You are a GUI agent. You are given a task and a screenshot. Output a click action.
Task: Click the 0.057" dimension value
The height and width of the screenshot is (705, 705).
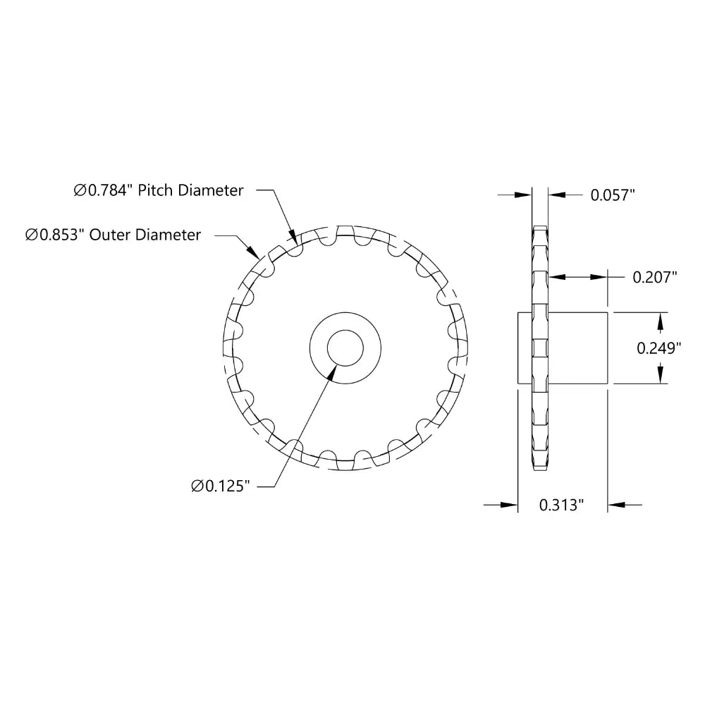click(x=613, y=195)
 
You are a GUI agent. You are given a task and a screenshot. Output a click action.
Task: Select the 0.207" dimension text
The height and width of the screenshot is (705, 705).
click(x=655, y=277)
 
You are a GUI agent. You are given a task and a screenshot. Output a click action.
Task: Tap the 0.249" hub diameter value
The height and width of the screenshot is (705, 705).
click(x=659, y=348)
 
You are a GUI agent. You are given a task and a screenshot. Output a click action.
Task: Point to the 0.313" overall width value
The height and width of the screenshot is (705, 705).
click(x=562, y=505)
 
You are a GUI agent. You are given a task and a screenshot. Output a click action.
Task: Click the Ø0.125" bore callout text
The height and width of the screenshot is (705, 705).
click(x=221, y=486)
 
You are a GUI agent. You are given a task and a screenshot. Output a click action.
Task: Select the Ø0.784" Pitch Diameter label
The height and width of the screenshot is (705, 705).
click(x=159, y=190)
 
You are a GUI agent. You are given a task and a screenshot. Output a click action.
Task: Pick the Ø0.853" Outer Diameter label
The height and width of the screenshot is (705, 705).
click(x=113, y=235)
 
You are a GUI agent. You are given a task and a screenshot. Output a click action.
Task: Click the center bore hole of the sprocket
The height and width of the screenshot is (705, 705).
click(x=345, y=347)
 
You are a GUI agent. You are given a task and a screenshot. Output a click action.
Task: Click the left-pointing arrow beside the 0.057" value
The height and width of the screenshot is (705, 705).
click(x=557, y=195)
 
